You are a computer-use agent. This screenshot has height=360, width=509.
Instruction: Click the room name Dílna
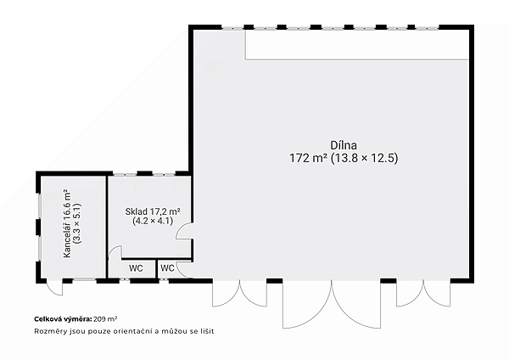click(x=344, y=145)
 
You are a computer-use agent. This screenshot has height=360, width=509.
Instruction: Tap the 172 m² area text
click(x=308, y=158)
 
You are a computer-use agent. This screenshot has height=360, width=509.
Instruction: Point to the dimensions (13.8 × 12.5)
click(x=364, y=158)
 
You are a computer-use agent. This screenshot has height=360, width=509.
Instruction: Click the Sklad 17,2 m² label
click(x=153, y=211)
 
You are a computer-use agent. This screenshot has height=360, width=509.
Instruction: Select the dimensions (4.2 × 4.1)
click(x=153, y=221)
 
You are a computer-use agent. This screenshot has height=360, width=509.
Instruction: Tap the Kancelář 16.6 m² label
click(x=67, y=223)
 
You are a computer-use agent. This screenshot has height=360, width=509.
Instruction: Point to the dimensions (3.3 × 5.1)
click(x=77, y=223)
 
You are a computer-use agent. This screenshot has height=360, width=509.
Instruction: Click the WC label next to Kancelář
click(x=136, y=268)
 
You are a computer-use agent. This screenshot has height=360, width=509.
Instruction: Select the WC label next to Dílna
click(x=167, y=268)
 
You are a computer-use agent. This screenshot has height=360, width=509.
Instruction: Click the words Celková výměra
click(x=63, y=319)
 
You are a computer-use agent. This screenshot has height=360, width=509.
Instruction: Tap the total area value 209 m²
click(x=105, y=319)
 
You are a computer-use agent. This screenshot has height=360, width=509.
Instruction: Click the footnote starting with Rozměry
click(x=124, y=331)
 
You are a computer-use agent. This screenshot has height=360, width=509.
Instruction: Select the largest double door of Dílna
click(x=332, y=304)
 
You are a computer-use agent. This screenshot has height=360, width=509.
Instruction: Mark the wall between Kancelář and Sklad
click(x=107, y=227)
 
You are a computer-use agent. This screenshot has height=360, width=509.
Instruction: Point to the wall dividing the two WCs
click(x=156, y=268)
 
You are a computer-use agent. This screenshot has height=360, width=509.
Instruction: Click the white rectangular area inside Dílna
click(x=357, y=45)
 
